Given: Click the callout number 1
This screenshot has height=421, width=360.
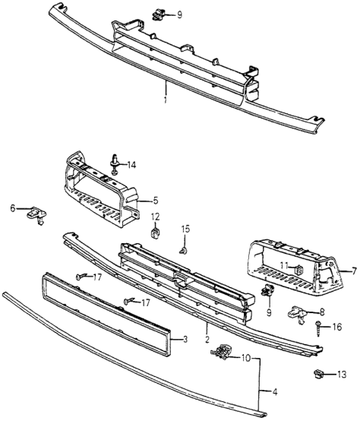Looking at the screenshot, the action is (166, 100).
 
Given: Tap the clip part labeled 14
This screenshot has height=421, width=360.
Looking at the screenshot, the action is (115, 164).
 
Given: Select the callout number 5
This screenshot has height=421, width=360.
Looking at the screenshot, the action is (156, 201).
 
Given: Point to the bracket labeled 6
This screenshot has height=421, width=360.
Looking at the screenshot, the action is (37, 214).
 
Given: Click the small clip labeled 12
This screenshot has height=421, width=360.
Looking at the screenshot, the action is (155, 233).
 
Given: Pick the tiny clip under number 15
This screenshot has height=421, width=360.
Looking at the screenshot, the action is (183, 250).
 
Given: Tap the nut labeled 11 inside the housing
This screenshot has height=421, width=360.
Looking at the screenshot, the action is (298, 269).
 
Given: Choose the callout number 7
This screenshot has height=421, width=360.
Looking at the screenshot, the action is (354, 271).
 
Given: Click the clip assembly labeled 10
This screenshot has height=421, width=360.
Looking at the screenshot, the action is (221, 351).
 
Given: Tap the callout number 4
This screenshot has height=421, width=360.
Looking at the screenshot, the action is (274, 393).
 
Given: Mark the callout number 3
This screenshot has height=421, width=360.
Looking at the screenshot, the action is (185, 340).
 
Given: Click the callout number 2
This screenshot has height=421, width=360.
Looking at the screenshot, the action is (207, 339).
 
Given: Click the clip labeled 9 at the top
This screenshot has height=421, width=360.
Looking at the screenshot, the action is (158, 14).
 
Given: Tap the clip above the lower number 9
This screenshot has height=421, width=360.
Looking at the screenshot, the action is (267, 290).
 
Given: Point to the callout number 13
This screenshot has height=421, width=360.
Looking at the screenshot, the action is (342, 375).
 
